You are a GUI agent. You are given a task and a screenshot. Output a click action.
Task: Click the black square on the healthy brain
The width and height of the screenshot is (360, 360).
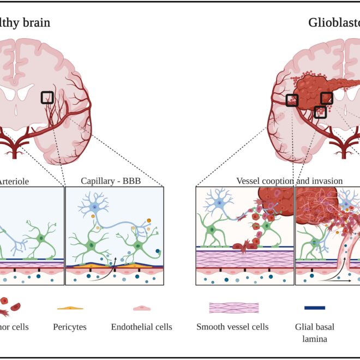pos(47,98)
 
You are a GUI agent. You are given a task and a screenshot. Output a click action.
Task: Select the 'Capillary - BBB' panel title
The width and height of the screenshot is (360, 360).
pos(111,181)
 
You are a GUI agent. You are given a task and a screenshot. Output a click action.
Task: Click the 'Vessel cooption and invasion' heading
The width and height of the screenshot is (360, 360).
pos(289,181)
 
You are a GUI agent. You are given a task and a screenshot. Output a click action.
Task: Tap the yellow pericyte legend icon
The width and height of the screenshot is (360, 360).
pos(70,308)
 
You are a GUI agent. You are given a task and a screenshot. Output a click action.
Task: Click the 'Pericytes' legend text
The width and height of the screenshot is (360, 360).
pos(70,327)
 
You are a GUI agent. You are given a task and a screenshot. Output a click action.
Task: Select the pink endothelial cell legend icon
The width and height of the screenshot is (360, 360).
pos(141,308)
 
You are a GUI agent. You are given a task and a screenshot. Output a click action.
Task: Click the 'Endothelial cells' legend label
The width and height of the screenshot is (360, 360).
pos(141,327)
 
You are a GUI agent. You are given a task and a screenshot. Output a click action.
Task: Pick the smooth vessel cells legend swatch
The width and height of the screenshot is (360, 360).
pos(233,308)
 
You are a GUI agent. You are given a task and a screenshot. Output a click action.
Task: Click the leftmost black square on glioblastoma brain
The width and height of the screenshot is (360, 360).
pos(292,100)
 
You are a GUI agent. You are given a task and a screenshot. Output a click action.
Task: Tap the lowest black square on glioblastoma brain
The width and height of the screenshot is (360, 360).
pos(321,112)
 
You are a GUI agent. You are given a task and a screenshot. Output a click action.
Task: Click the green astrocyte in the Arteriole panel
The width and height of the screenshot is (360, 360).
pos(41,238)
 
